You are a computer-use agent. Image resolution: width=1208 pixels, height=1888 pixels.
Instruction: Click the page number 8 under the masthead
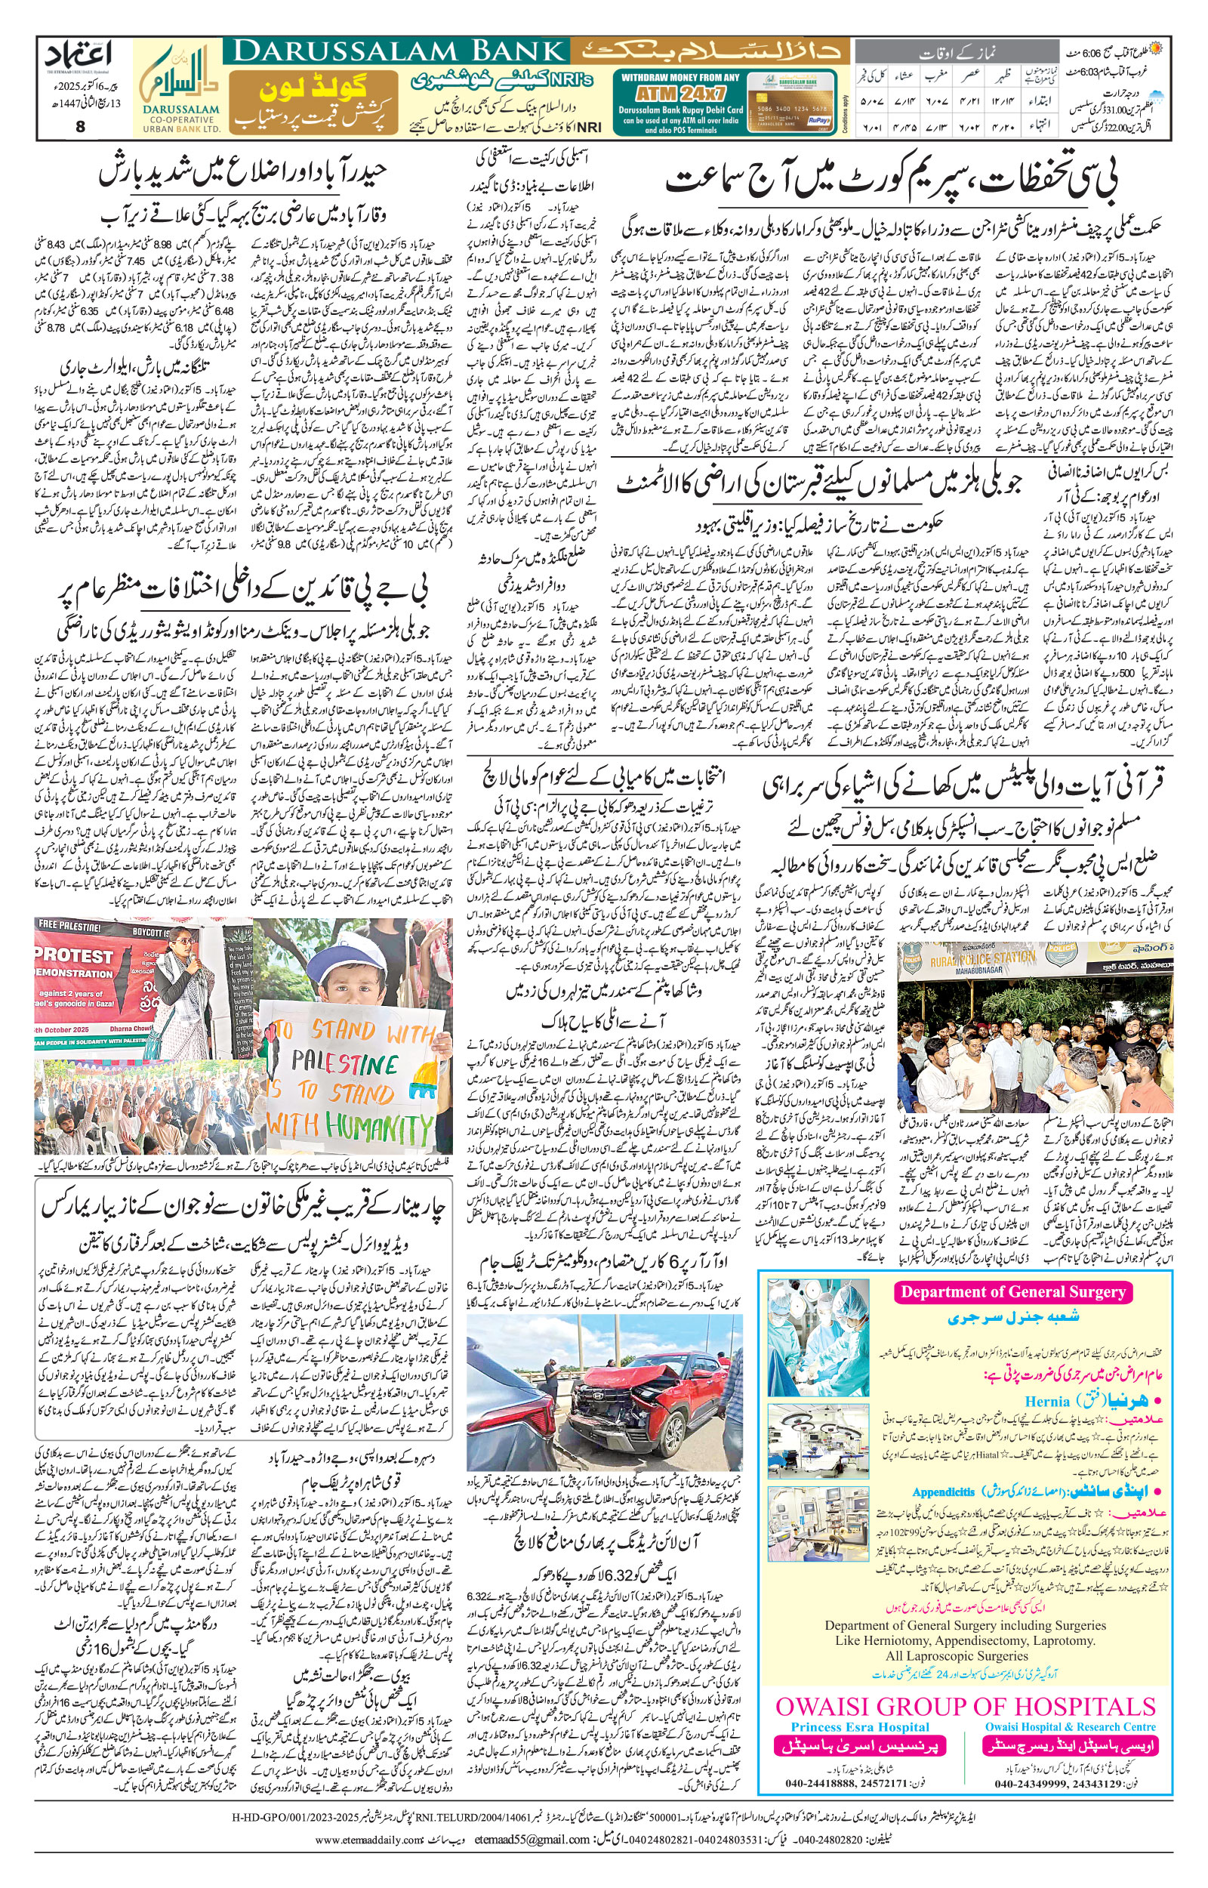80,127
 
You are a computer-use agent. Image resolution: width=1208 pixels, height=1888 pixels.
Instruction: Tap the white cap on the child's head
341,965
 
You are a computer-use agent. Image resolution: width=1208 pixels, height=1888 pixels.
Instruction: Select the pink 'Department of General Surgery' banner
1012,1292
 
